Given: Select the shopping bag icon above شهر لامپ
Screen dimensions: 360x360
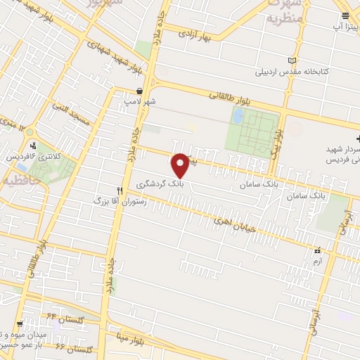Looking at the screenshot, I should [140, 91].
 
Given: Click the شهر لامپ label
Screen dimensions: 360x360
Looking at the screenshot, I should [140, 102].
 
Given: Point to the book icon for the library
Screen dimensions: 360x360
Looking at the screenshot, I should [293, 62].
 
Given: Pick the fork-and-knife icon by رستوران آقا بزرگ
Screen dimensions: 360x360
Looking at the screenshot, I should [120, 191].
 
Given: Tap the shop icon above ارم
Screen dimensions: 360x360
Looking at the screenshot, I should [317, 250].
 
